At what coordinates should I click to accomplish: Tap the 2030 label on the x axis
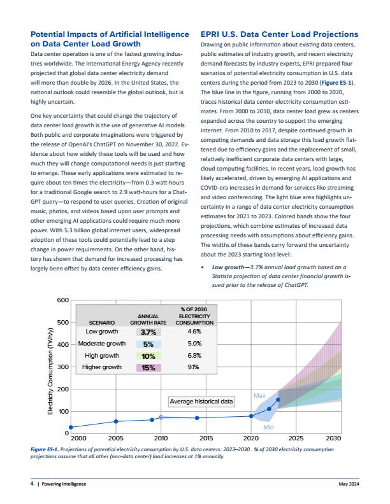[333, 439]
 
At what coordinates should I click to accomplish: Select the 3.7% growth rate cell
[148, 332]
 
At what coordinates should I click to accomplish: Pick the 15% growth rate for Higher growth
[148, 368]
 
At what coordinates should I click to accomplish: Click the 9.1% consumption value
[194, 368]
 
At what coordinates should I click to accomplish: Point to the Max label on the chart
[259, 396]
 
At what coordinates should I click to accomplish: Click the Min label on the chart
[269, 428]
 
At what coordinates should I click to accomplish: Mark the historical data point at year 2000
[71, 427]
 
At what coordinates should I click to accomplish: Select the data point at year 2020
[251, 416]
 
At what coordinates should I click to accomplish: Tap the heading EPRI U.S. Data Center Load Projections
[279, 34]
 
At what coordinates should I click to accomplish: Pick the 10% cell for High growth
[148, 356]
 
